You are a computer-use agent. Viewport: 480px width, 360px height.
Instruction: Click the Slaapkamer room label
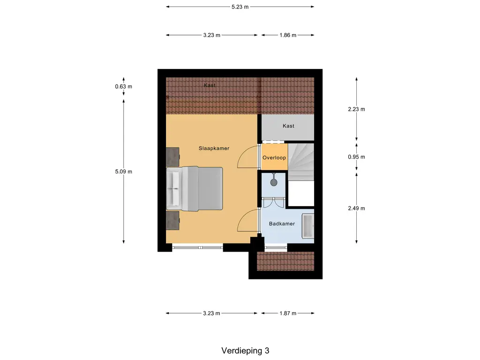pos(213,148)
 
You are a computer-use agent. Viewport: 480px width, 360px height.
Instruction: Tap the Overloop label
pos(274,158)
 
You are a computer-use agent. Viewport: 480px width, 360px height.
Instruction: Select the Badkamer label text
pos(282,224)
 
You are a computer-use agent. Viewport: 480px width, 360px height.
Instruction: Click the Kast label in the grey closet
pos(288,126)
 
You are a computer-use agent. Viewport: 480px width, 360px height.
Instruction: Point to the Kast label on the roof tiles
pos(210,85)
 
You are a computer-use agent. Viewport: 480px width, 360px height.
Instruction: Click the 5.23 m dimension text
pos(240,7)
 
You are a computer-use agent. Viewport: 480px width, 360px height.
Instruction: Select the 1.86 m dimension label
pos(287,35)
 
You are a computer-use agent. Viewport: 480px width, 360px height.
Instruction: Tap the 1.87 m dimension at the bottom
pos(287,314)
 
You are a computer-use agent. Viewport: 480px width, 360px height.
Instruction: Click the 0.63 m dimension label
pos(124,86)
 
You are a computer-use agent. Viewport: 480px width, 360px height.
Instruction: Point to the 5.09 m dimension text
pos(124,172)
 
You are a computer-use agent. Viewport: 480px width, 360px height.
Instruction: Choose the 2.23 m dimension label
pos(356,109)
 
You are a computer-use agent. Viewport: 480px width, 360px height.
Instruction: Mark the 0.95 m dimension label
pos(356,157)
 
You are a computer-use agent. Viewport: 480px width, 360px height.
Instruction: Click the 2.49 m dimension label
pos(356,208)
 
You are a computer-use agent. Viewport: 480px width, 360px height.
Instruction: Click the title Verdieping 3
pos(246,350)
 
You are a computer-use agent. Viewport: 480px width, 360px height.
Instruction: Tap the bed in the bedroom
pos(195,188)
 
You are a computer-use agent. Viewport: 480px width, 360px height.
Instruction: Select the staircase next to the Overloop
pos(300,162)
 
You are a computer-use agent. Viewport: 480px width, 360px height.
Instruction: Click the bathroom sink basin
pos(308,226)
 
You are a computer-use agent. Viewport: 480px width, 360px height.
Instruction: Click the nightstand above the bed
pos(172,156)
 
